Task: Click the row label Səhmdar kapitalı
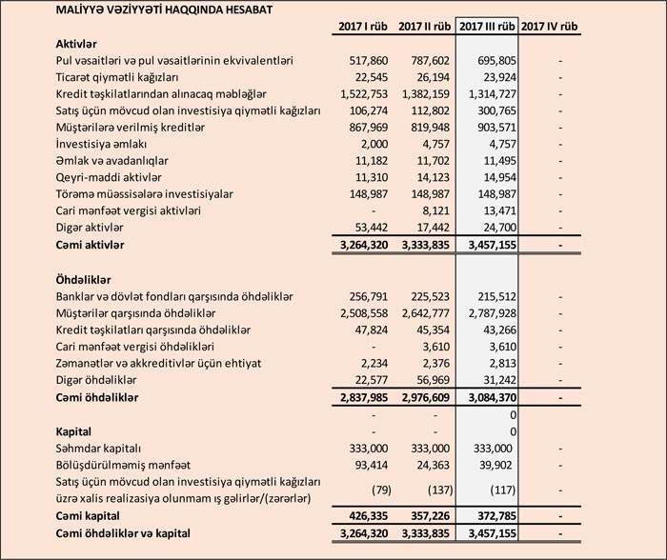100,448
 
